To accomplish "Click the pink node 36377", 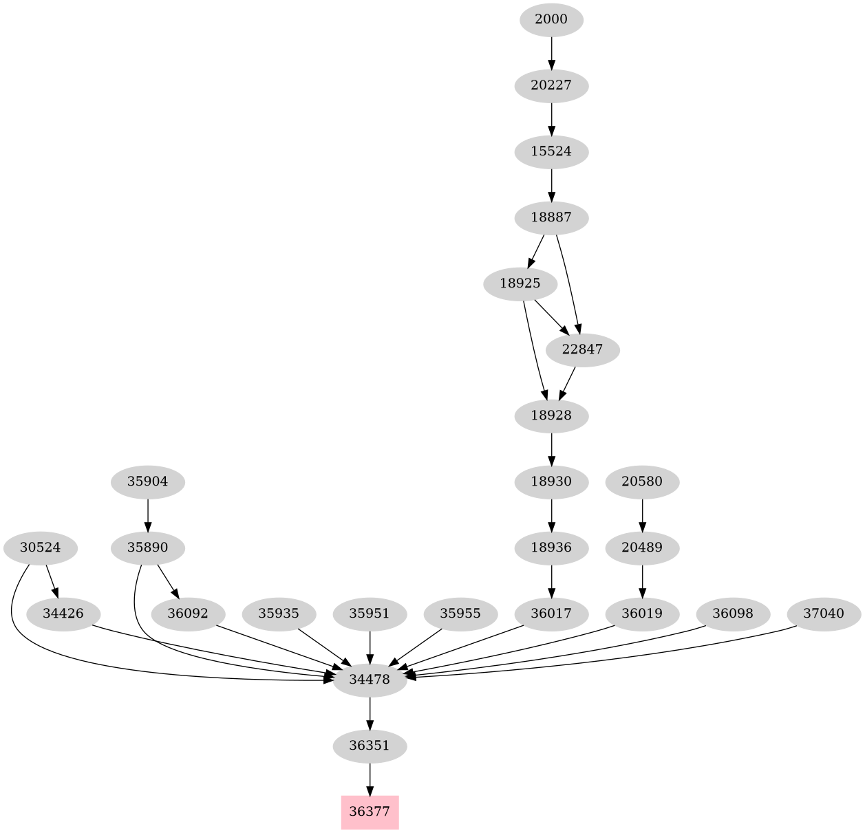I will point(370,812).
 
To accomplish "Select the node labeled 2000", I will point(551,19).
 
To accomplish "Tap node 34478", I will point(370,680).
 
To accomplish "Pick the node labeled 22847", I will point(582,349).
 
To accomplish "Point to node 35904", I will point(148,482).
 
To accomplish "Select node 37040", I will point(823,613).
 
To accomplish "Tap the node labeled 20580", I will point(642,482).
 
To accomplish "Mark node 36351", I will point(370,746).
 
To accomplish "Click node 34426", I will point(63,613).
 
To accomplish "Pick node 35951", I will point(370,613).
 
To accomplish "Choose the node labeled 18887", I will point(551,217).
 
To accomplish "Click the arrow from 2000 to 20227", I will point(551,52).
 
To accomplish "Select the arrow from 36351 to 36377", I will point(370,779).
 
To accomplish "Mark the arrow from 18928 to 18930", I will point(551,448).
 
